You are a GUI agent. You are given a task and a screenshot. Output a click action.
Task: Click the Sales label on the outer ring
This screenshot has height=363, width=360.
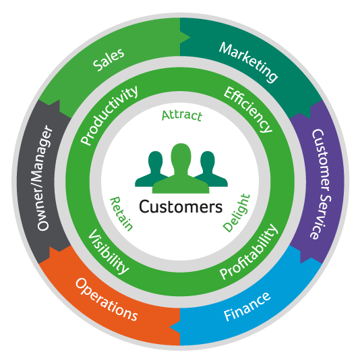pos(109,59)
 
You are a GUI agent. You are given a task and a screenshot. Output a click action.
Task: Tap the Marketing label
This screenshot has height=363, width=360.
pos(248,62)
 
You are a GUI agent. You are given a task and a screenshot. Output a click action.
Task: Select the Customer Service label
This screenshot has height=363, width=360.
pos(321,184)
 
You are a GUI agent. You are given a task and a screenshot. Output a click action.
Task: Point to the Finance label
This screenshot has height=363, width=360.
pos(247,307)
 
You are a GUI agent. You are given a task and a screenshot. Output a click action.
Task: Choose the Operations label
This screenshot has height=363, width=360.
pos(107,300)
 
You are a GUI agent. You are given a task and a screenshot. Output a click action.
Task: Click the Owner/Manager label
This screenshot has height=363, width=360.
pos(44,178)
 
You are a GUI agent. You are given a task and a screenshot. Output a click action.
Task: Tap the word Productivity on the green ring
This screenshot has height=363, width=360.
pos(109,115)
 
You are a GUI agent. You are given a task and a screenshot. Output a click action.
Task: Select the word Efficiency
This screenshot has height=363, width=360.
pos(248,109)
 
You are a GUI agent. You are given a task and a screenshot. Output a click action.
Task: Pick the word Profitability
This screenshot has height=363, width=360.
pos(249,252)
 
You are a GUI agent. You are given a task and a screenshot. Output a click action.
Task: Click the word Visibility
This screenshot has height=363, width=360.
pos(109,252)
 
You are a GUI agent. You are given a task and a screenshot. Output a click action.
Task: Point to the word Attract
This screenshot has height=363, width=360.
pos(182,115)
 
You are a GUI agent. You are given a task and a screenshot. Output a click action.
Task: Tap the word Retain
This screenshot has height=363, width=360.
pos(121,214)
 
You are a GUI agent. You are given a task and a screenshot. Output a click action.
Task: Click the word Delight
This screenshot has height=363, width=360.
pos(237,213)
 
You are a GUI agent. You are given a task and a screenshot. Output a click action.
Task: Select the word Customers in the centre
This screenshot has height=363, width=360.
pos(181,206)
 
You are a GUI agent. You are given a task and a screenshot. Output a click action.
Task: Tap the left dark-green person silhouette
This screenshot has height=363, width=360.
pos(152,169)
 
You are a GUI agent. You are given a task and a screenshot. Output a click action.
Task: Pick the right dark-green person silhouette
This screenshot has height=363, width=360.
pos(210,169)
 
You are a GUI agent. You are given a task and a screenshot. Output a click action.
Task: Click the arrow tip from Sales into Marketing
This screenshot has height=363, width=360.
pos(190,37)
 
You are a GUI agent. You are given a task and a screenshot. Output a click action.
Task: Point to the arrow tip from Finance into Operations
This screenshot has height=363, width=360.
pos(170,327)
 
